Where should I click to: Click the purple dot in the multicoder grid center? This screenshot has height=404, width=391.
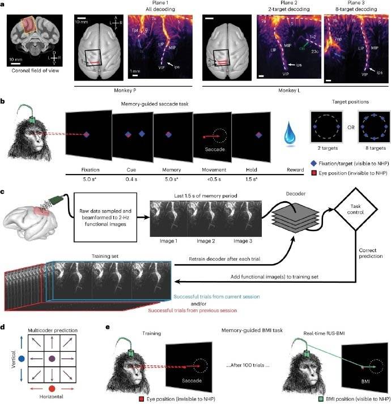52,358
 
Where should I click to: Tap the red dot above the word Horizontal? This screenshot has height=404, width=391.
52,388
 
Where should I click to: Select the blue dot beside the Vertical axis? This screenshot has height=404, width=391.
21,358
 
